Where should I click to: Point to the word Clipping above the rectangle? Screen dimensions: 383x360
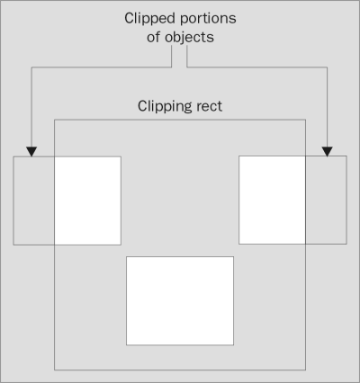pos(164,106)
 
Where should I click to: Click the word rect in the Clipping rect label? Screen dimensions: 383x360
pos(209,106)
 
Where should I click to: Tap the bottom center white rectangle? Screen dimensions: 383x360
pos(180,300)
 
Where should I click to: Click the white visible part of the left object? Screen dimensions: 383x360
pos(87,200)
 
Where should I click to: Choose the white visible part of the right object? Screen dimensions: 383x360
pos(272,199)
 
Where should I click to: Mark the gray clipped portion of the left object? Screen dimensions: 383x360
pos(34,200)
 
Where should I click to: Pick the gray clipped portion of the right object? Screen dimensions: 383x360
pos(326,199)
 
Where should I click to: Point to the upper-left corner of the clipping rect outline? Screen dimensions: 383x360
pos(55,119)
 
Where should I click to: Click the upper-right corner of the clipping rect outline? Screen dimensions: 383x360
pos(305,119)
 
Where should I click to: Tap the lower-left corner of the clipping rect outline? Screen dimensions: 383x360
pos(55,369)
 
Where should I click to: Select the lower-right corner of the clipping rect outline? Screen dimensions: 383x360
pos(305,369)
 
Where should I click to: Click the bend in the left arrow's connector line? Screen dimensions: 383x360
pos(31,67)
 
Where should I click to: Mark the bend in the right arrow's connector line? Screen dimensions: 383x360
pos(328,67)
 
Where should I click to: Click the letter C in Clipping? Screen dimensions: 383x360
pos(142,106)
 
